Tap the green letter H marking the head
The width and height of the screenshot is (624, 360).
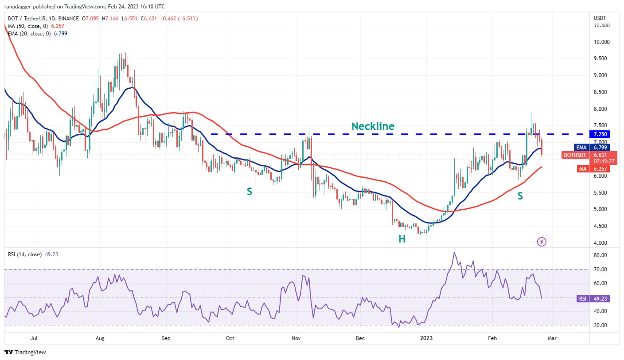pyautogui.click(x=402, y=239)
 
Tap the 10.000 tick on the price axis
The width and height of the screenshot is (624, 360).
pyautogui.click(x=601, y=42)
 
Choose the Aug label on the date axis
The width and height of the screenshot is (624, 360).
pyautogui.click(x=100, y=338)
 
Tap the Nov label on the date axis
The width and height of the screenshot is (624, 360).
pyautogui.click(x=296, y=338)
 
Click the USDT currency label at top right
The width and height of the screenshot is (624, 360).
pyautogui.click(x=600, y=18)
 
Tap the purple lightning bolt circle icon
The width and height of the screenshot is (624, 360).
pyautogui.click(x=541, y=242)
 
